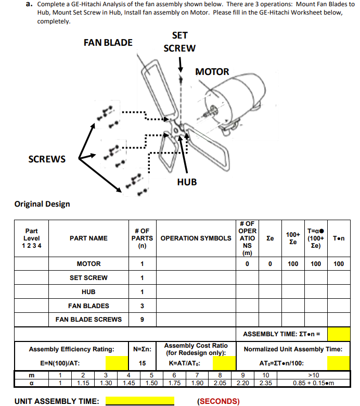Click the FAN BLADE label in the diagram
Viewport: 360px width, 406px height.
click(108, 43)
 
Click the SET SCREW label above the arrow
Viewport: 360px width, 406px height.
click(179, 42)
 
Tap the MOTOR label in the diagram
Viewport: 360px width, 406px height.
click(212, 72)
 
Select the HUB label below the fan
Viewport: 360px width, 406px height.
click(187, 182)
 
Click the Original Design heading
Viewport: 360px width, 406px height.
click(42, 204)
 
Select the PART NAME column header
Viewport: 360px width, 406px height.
click(88, 238)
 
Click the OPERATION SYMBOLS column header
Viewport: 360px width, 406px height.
click(196, 238)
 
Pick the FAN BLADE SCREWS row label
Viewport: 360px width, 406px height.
click(88, 319)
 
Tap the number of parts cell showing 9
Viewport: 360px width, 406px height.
click(142, 319)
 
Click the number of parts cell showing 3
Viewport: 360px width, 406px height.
click(142, 306)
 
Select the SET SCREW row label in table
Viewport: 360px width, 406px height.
click(88, 278)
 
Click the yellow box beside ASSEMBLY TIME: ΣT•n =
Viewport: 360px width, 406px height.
click(339, 334)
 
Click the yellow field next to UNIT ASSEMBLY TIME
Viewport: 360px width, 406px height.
click(140, 401)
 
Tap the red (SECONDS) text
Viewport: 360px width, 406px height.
click(218, 401)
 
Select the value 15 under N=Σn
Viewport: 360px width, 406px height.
click(142, 363)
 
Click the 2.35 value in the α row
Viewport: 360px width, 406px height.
click(265, 383)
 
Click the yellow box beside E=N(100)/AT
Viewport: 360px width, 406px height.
click(117, 363)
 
